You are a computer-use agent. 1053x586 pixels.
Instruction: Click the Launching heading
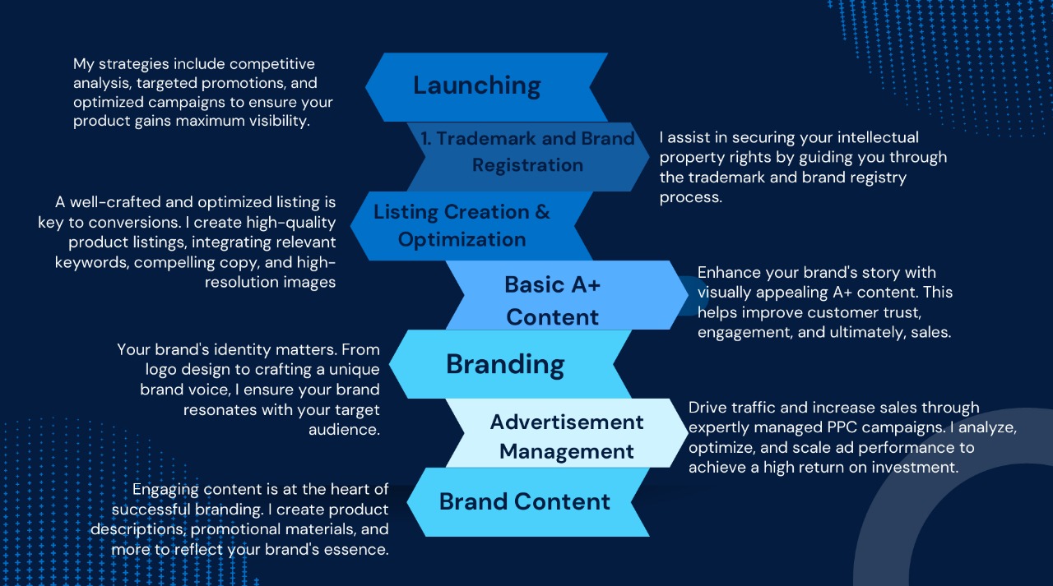[476, 85]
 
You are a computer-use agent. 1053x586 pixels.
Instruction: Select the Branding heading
[505, 364]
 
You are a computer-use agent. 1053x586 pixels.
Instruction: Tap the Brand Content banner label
[525, 501]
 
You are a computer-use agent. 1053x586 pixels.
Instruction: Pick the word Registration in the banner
[527, 165]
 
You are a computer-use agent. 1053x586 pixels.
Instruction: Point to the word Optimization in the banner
[462, 240]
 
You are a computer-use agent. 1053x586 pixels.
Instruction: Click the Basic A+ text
[552, 284]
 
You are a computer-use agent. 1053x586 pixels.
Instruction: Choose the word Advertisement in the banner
[567, 422]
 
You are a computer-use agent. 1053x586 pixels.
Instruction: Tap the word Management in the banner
[567, 451]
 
